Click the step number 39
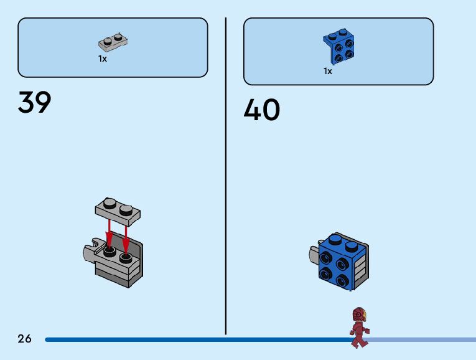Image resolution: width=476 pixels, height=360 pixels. point(35,103)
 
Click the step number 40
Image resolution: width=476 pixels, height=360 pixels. point(261,111)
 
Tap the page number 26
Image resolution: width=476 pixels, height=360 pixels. point(24,339)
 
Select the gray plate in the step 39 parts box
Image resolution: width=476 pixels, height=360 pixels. point(113,42)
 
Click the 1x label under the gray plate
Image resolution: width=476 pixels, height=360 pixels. point(103,59)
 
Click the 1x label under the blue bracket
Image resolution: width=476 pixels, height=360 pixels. point(328,71)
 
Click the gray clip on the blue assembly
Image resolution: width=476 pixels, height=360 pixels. point(314,254)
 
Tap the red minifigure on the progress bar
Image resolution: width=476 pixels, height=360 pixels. point(359,328)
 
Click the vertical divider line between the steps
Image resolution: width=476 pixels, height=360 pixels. point(226,174)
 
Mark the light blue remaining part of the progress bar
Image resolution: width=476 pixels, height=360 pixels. point(423,339)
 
